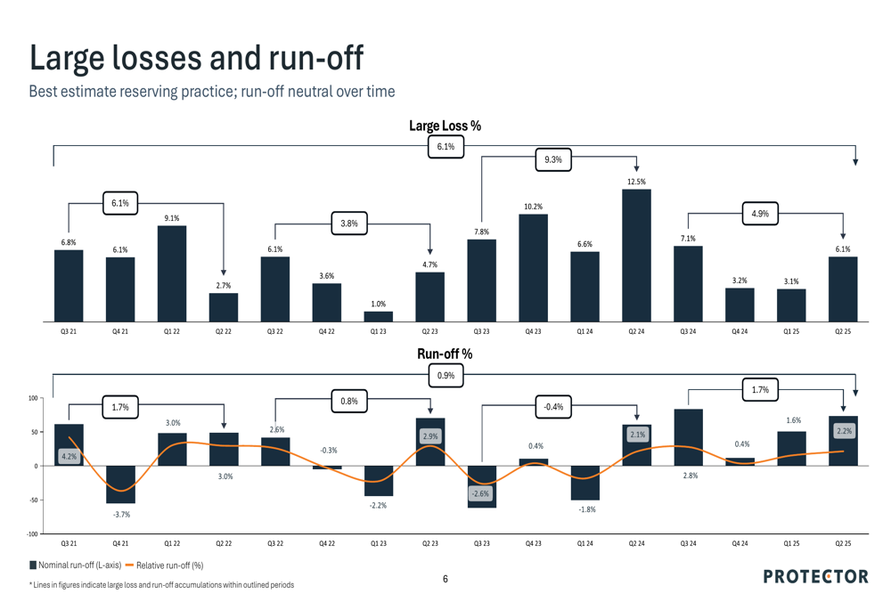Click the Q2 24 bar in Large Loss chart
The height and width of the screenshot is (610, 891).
click(x=636, y=255)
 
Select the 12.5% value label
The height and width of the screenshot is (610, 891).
click(x=636, y=182)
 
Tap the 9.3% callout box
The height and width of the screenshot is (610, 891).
click(x=553, y=160)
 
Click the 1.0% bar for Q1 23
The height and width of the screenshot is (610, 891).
click(x=378, y=316)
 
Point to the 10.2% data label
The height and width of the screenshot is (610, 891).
click(x=533, y=207)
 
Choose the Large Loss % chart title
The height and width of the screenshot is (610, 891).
click(x=445, y=126)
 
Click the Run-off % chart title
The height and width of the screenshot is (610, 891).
click(x=445, y=354)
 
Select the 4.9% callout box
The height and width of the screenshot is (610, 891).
click(x=760, y=214)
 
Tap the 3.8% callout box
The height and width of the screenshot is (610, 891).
click(x=349, y=224)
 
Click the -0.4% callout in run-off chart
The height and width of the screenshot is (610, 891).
click(x=553, y=407)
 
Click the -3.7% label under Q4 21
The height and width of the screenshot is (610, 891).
click(x=120, y=515)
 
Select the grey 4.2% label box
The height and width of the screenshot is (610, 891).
click(x=69, y=457)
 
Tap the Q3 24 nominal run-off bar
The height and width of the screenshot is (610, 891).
click(x=688, y=437)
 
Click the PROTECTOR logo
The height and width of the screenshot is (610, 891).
click(x=815, y=576)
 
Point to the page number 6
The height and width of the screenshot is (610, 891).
click(x=445, y=580)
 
